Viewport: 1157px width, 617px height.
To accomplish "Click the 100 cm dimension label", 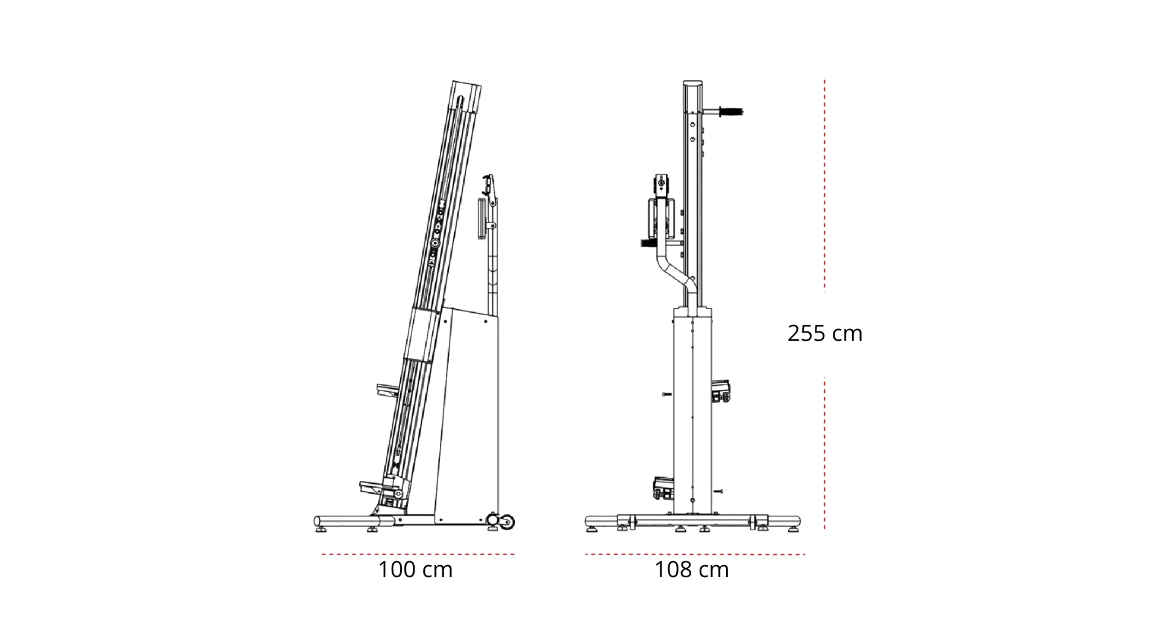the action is [415, 569].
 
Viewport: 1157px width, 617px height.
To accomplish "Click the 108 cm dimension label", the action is [692, 569].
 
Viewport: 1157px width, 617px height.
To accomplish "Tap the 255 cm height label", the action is [825, 333].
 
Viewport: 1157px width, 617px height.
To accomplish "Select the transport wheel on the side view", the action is [507, 522].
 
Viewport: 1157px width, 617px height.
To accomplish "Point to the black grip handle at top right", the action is [731, 111].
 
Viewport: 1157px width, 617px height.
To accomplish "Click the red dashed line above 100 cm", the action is [418, 554].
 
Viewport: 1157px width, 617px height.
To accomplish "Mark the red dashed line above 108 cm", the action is [695, 554].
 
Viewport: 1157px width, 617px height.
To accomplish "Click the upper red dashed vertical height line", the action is [824, 184].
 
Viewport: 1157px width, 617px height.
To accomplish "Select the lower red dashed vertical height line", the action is [824, 454].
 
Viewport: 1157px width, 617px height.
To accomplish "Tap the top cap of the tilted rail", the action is [468, 88].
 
